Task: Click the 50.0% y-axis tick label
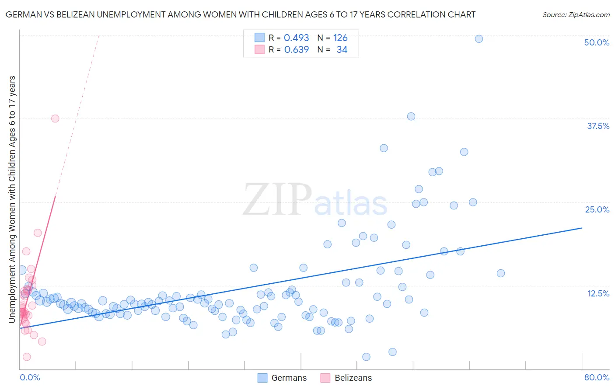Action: tap(597, 42)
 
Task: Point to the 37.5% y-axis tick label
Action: tap(598, 126)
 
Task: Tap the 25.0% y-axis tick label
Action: tap(597, 209)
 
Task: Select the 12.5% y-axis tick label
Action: tap(598, 293)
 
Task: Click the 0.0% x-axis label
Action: tap(30, 377)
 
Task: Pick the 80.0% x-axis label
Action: tap(597, 377)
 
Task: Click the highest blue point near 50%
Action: tap(479, 39)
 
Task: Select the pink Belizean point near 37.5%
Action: tap(55, 118)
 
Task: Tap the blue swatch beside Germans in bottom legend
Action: tap(262, 378)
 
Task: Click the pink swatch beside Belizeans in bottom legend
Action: tap(325, 378)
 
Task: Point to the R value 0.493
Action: tap(296, 38)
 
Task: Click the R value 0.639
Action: tap(296, 50)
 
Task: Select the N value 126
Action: tap(340, 38)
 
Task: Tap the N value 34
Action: tap(342, 50)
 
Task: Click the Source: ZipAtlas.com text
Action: tap(576, 15)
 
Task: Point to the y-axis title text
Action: tap(12, 199)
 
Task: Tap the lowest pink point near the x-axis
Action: tap(27, 357)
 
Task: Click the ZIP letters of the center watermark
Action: tap(277, 200)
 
